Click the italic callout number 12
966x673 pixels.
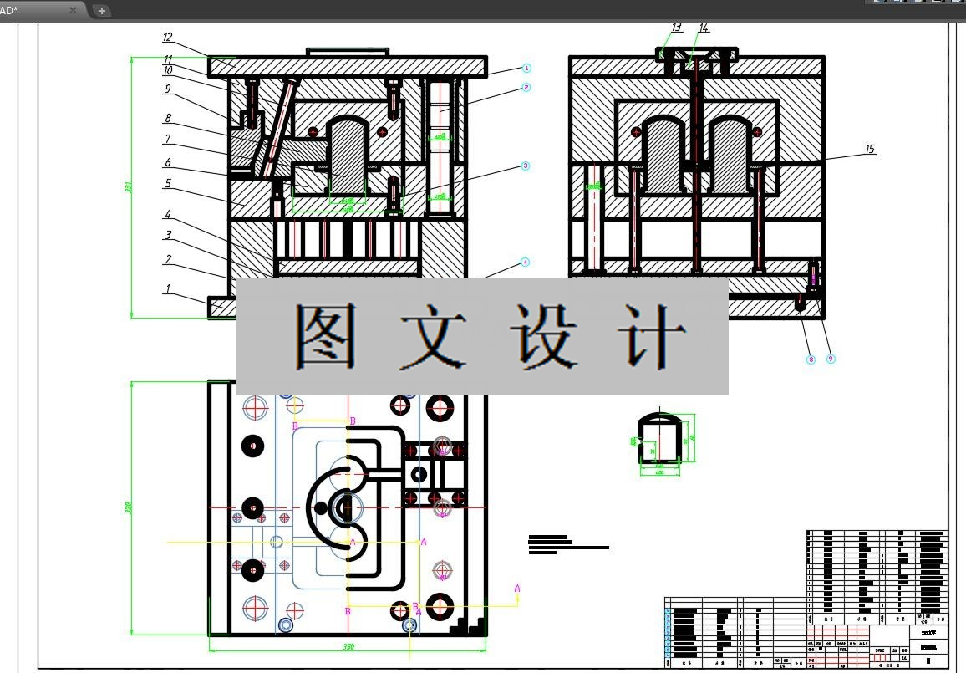(x=167, y=38)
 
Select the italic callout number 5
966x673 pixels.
(x=167, y=183)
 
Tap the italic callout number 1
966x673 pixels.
(x=167, y=289)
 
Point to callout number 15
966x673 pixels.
(x=870, y=150)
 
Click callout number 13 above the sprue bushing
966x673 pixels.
(x=676, y=28)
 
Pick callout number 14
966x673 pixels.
(x=704, y=28)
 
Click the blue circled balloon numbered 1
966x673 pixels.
(x=526, y=68)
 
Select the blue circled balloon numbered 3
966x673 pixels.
(x=526, y=166)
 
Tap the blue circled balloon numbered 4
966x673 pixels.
(x=526, y=263)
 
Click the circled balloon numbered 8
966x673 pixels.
(x=810, y=359)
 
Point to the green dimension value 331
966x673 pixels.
(x=129, y=187)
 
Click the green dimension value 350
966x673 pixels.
(x=348, y=647)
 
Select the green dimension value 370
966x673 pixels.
(x=128, y=507)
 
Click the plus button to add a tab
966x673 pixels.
(x=101, y=11)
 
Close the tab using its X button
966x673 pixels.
(x=73, y=10)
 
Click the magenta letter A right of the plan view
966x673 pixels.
(x=517, y=589)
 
